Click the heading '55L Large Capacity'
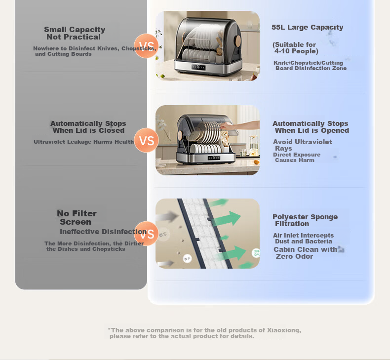pos(307,27)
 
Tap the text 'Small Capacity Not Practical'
pos(75,33)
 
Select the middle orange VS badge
pos(146,140)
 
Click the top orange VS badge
pos(146,46)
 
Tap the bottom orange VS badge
pos(146,234)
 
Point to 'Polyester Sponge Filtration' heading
pos(305,220)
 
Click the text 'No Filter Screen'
pos(77,217)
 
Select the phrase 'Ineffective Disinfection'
pos(103,232)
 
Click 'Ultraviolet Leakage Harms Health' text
pos(83,142)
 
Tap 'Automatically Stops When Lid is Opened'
pos(311,127)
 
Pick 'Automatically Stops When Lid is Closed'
pos(88,127)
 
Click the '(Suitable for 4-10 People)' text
pos(295,48)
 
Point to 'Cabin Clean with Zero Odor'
pos(305,253)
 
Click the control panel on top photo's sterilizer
pos(198,67)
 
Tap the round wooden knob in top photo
pos(237,41)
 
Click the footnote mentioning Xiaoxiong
pos(204,333)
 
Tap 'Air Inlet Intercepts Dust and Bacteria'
pos(303,239)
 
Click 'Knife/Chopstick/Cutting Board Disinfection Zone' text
pos(310,65)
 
